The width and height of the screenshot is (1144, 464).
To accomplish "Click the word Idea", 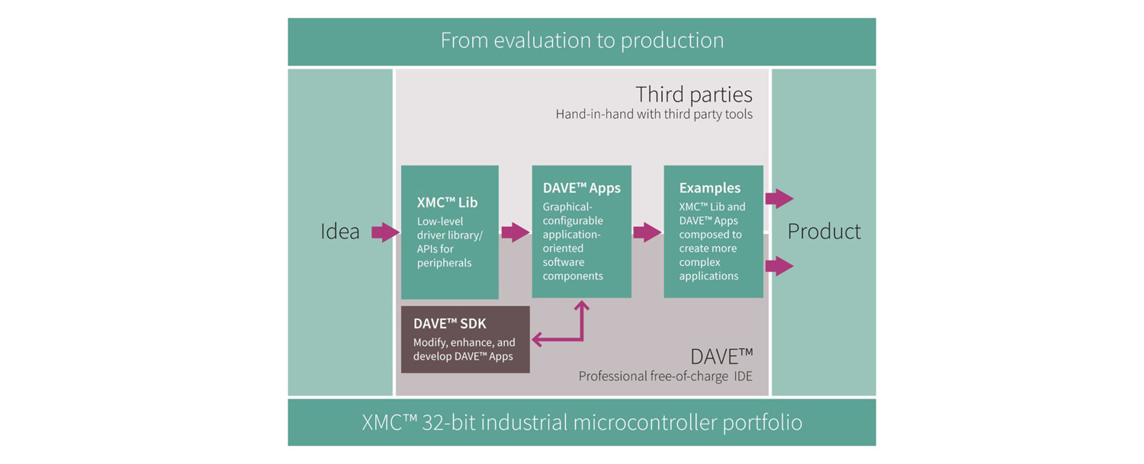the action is tap(339, 231).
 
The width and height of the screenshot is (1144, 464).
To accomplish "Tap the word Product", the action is tap(824, 231).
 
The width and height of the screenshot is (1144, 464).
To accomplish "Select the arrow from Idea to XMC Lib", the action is tap(386, 232).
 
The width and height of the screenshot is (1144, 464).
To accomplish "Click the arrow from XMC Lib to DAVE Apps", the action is tap(516, 232).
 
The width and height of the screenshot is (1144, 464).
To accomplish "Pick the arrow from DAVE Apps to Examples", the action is tap(647, 232).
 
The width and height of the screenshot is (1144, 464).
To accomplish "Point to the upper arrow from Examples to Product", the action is tap(779, 198).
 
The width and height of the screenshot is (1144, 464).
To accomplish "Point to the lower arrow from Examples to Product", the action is tap(779, 266).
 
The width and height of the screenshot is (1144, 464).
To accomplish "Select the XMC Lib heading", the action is tap(447, 203).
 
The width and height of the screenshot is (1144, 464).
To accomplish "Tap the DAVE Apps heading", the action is tap(582, 188).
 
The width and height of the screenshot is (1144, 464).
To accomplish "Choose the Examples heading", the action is tap(710, 188).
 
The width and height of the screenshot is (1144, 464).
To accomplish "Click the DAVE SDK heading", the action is tap(449, 324).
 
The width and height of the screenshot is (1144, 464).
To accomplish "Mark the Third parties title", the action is tap(693, 94).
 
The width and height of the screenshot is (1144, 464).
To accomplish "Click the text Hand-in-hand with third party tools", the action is tap(654, 114).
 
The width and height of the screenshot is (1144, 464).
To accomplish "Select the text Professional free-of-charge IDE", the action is tap(665, 376).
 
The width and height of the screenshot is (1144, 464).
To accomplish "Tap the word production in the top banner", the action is tap(672, 41).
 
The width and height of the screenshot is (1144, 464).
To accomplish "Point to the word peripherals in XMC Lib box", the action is tap(444, 264).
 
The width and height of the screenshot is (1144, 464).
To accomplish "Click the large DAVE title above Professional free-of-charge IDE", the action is tap(721, 357).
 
